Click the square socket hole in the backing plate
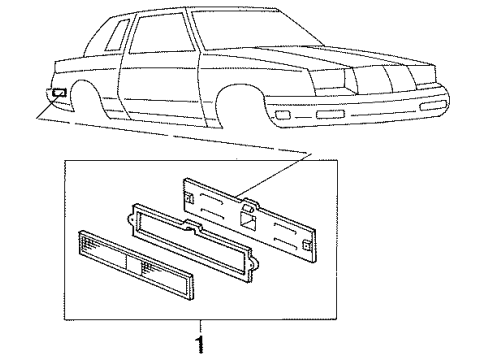pos(250,210)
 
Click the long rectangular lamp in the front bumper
pos(331,116)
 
